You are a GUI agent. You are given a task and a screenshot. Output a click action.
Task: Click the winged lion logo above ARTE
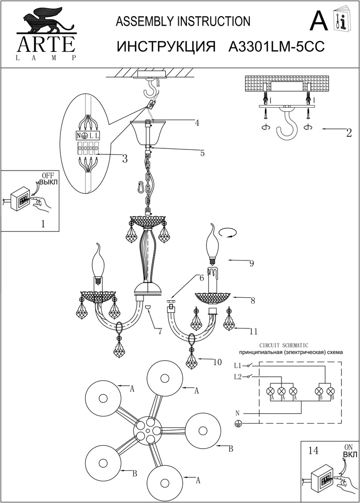pyautogui.click(x=42, y=23)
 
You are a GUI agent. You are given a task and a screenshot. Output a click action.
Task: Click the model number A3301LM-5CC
pyautogui.click(x=275, y=47)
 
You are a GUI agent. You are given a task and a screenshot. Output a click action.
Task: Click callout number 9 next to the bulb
pyautogui.click(x=251, y=262)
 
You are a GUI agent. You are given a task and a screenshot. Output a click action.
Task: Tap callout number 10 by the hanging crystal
pyautogui.click(x=217, y=361)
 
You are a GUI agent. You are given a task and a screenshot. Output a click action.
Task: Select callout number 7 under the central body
pyautogui.click(x=159, y=331)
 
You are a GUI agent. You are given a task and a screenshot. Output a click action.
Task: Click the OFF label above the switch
pyautogui.click(x=47, y=175)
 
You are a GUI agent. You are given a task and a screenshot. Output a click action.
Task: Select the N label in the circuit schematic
pyautogui.click(x=237, y=413)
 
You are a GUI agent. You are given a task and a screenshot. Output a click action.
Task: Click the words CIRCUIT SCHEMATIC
pyautogui.click(x=282, y=346)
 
